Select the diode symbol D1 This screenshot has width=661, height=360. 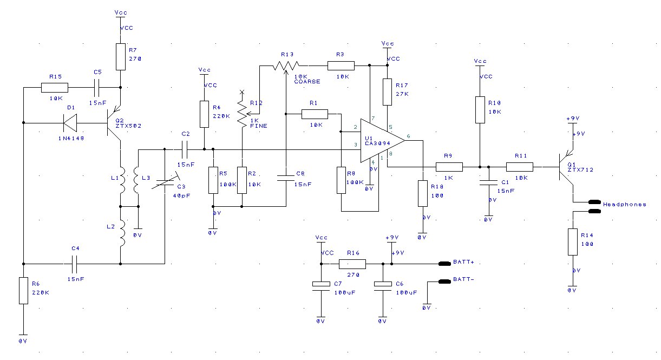[70, 123]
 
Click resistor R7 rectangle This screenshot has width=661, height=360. [120, 57]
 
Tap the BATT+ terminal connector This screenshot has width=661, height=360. [444, 264]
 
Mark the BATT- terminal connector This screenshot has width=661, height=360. [444, 282]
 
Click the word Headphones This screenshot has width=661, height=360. [624, 204]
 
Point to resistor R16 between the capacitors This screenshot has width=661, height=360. [352, 264]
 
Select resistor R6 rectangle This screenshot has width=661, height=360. [23, 290]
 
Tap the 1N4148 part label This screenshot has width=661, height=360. [70, 138]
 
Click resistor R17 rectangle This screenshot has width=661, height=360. [387, 92]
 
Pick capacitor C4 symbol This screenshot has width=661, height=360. [75, 264]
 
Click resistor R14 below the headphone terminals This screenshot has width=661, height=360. [572, 241]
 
